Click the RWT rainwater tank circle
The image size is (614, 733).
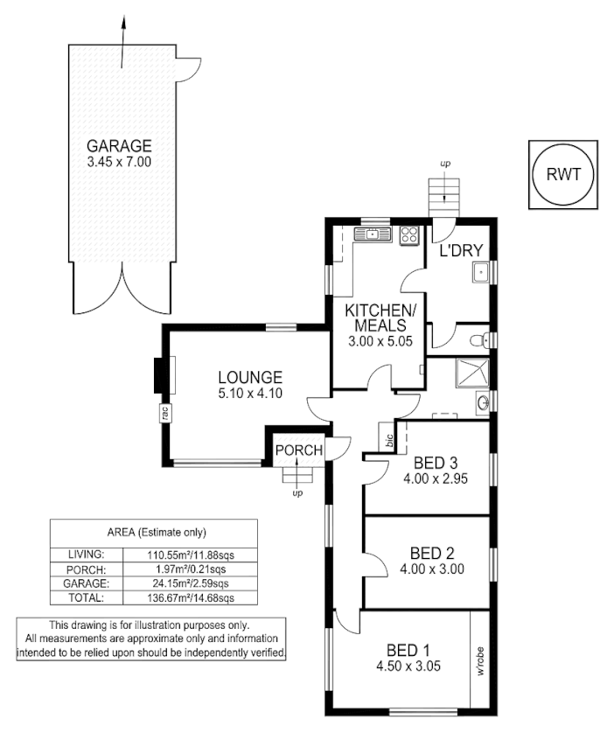pyautogui.click(x=563, y=174)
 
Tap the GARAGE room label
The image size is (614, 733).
pyautogui.click(x=119, y=146)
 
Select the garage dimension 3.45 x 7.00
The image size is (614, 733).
pyautogui.click(x=119, y=162)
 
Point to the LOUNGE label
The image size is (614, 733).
pyautogui.click(x=249, y=377)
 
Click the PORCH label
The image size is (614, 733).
pyautogui.click(x=299, y=450)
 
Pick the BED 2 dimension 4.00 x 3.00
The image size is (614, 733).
pyautogui.click(x=433, y=569)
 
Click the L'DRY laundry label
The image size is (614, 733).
pyautogui.click(x=462, y=251)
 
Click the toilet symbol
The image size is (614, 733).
pyautogui.click(x=478, y=339)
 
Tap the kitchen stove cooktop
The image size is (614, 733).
pyautogui.click(x=407, y=234)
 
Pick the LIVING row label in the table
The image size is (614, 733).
pyautogui.click(x=87, y=555)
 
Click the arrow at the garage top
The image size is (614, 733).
pyautogui.click(x=123, y=26)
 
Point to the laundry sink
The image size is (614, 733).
pyautogui.click(x=479, y=275)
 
